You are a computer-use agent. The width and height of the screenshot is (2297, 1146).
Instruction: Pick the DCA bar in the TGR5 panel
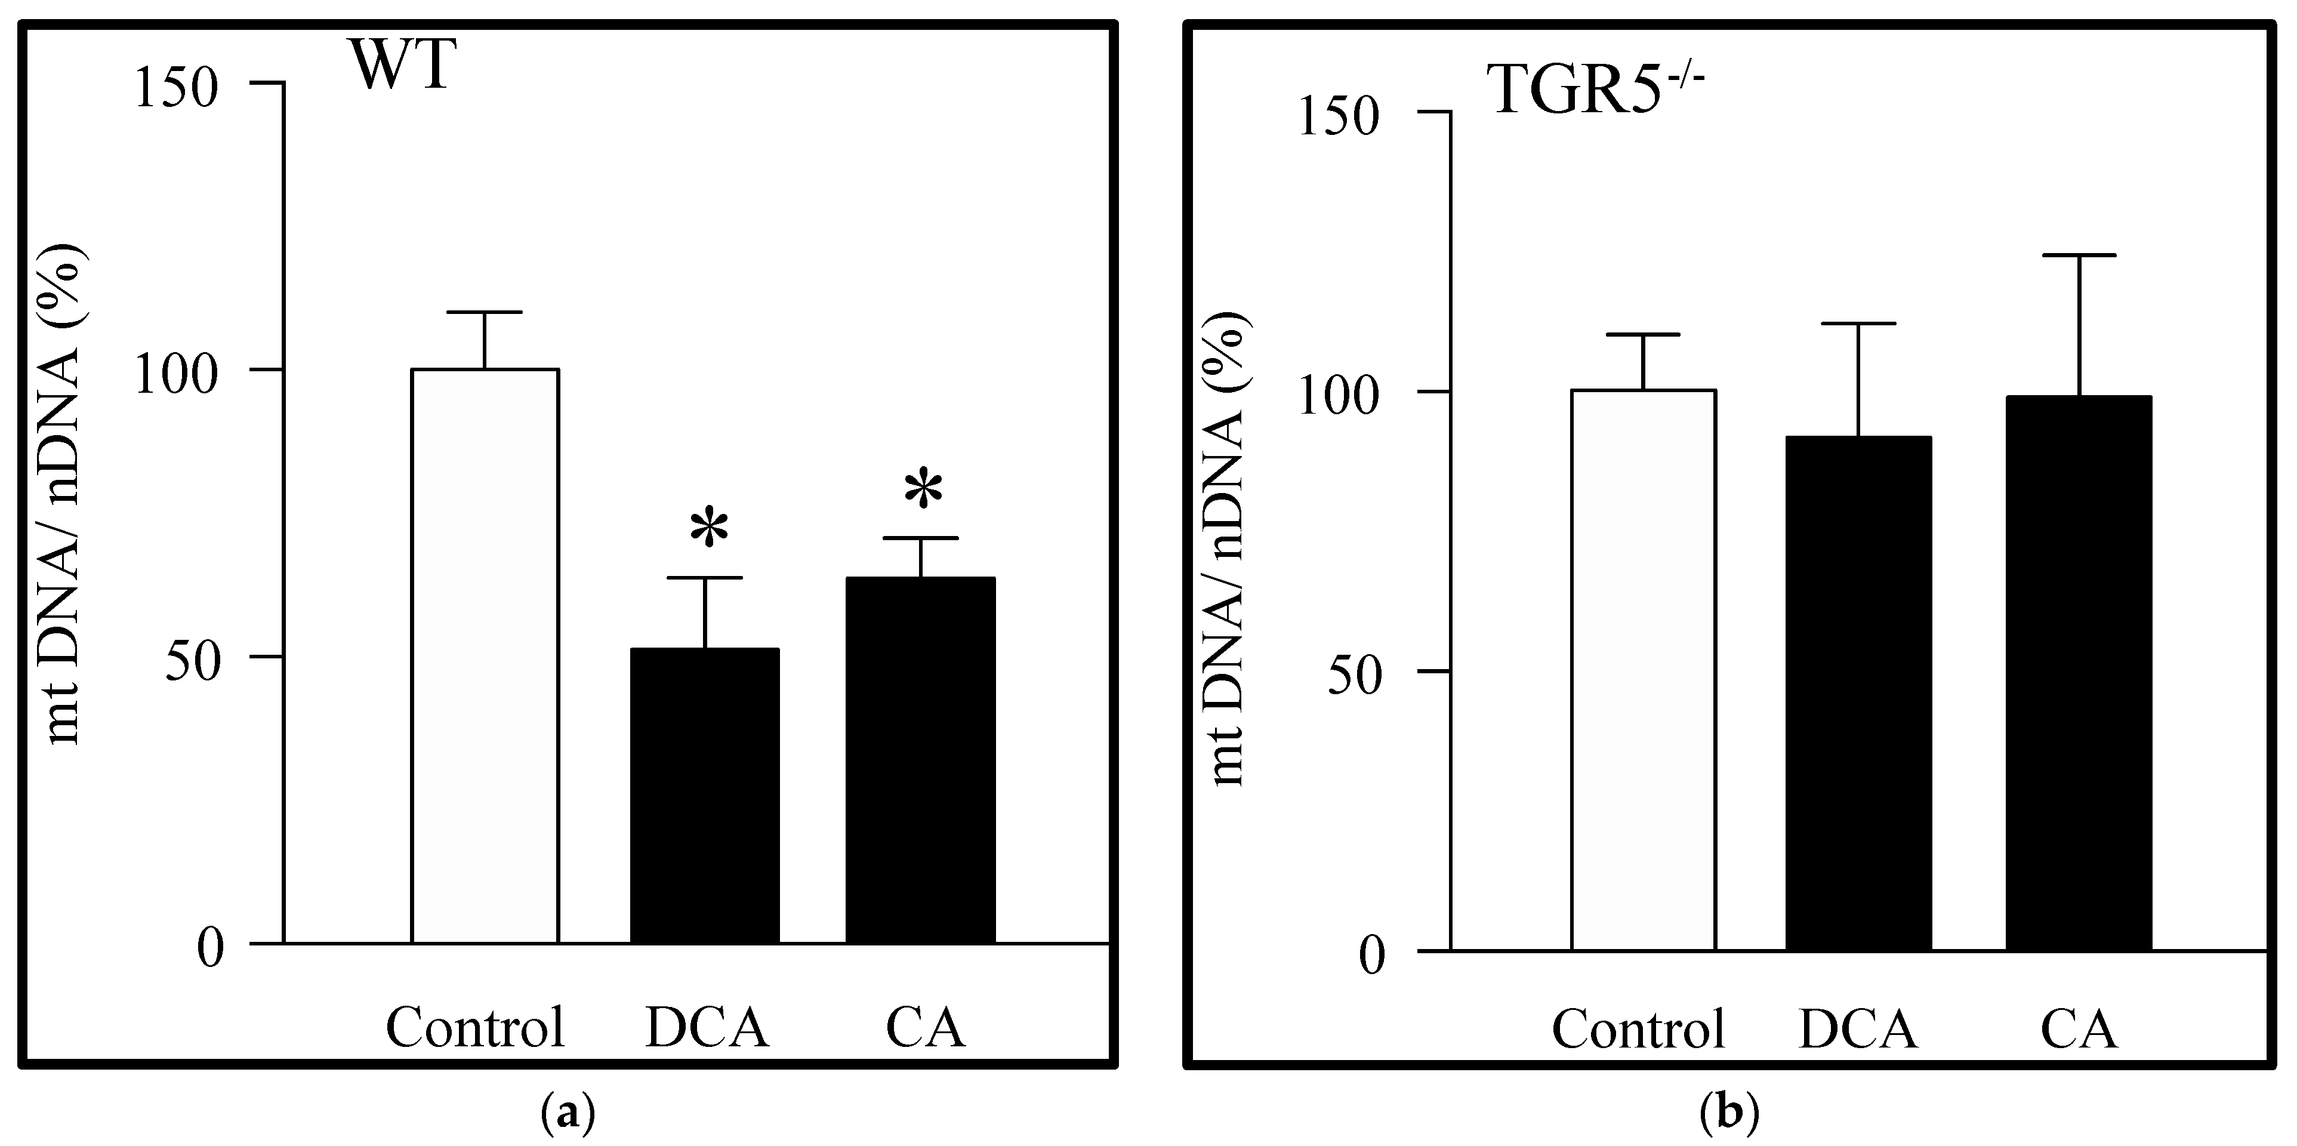[x=1858, y=694]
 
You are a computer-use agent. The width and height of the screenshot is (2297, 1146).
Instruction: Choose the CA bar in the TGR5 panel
[x=2079, y=673]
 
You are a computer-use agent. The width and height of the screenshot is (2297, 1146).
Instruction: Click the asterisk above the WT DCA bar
[x=709, y=528]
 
